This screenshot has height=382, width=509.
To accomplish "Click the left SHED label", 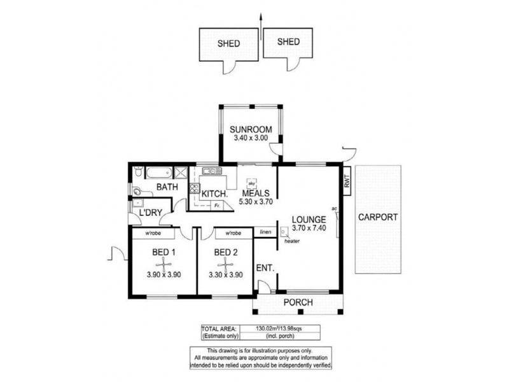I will coord(228,44).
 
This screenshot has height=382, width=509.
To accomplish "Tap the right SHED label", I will coord(289,42).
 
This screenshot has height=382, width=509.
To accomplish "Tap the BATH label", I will coord(167,187).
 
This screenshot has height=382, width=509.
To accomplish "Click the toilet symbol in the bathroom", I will coord(138,190).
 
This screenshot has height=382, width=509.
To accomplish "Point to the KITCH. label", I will coord(214,194).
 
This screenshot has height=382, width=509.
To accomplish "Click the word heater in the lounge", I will coord(292,241).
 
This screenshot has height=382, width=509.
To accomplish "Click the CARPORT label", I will coord(378,217).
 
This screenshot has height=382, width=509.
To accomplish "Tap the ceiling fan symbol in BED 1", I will coord(164,263).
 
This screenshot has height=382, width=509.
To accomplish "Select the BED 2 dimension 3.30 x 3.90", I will coord(225,276).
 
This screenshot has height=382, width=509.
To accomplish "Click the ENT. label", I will coord(264,268).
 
